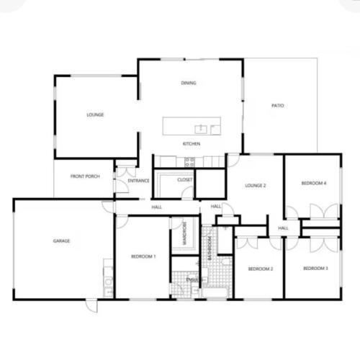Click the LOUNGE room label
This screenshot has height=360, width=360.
point(95,114)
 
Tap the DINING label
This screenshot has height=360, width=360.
point(189,83)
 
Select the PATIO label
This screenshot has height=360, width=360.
point(277,106)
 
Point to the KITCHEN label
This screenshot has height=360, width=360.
point(191,144)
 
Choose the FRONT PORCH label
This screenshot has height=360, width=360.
point(84,177)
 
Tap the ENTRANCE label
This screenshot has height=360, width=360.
point(138,181)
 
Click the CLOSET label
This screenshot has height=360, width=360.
point(184,179)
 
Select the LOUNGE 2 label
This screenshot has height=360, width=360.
point(256,186)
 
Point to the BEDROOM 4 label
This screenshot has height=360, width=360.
point(314,184)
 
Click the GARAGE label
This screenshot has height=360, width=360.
point(61,240)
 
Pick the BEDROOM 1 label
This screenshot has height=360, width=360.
point(143,256)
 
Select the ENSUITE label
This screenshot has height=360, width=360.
point(192,279)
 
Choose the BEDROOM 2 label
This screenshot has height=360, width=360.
point(260,269)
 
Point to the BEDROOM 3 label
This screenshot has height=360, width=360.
point(315,269)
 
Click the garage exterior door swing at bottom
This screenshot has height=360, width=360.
point(91,305)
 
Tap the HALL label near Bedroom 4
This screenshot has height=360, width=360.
point(283,228)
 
